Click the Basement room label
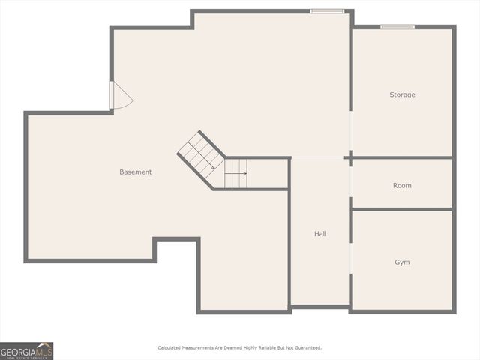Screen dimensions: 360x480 [x=136, y=172]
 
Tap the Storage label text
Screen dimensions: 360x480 [x=402, y=95]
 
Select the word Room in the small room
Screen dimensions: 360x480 [x=402, y=186]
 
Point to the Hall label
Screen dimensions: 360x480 [x=320, y=234]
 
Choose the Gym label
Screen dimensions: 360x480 [x=402, y=262]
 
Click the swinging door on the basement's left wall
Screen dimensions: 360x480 [x=120, y=96]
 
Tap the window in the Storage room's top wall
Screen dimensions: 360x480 [x=397, y=27]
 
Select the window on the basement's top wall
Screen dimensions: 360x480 [x=328, y=11]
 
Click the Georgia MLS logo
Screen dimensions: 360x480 [x=26, y=351]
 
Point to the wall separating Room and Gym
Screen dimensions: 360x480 [x=402, y=209]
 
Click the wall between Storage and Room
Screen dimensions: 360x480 [x=402, y=157]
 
